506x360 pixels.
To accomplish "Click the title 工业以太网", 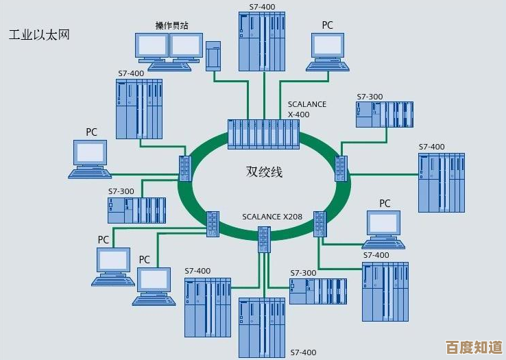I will [39, 34].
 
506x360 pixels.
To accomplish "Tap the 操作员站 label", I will [171, 25].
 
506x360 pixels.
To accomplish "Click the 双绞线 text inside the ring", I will [264, 171].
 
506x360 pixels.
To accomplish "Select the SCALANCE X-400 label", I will [306, 109].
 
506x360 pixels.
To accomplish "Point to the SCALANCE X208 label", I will [272, 217].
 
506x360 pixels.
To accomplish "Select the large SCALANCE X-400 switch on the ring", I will [264, 134].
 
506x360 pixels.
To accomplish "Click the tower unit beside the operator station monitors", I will [213, 55].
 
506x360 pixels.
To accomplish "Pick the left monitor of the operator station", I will [152, 48].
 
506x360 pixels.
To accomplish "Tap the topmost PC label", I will [327, 25].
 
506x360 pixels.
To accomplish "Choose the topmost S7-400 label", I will [261, 7].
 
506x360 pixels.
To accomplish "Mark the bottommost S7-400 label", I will [304, 352].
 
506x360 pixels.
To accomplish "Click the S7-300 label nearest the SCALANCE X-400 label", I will [370, 97].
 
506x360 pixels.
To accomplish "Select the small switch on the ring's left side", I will [184, 167].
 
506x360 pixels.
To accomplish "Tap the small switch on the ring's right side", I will [341, 168].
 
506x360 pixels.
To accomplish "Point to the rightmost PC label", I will [385, 203].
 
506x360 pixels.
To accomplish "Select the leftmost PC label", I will [91, 131].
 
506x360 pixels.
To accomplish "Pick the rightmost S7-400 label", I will [431, 147].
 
